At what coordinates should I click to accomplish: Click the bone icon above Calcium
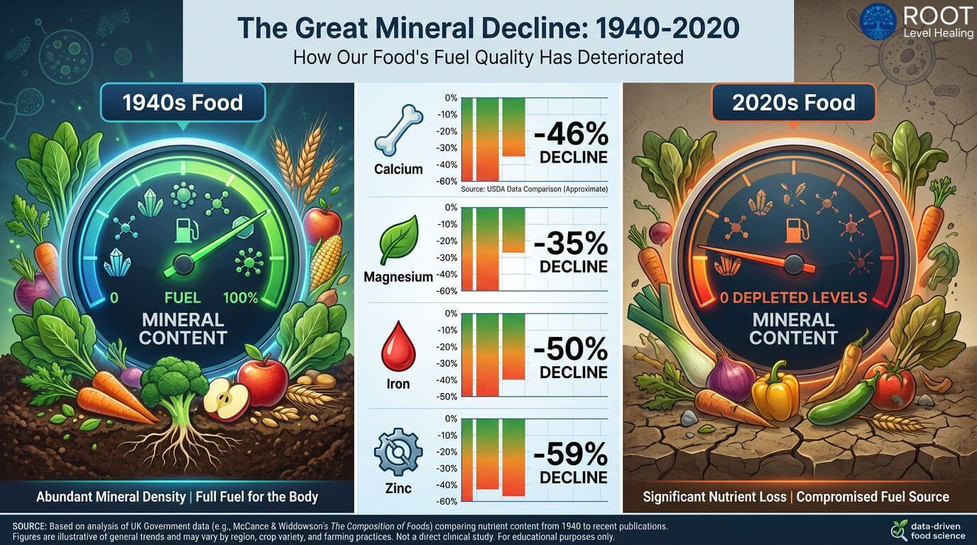(x=398, y=131)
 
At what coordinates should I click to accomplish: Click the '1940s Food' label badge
(x=182, y=103)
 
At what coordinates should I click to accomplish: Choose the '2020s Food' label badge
(x=793, y=103)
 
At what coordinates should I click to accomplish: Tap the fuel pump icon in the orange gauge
(x=794, y=229)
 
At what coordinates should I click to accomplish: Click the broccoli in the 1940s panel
(x=172, y=380)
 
